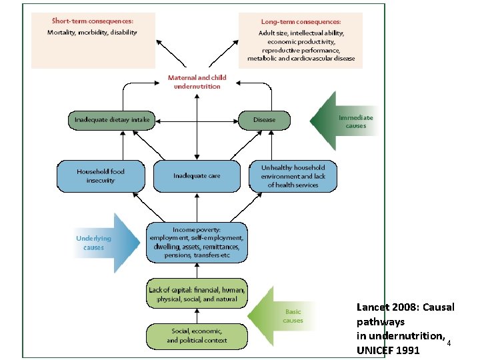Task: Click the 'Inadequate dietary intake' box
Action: tap(111, 120)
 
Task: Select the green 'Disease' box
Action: tap(265, 120)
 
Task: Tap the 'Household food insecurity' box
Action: tap(100, 176)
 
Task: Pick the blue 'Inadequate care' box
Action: tap(196, 176)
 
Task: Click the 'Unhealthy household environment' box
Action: tap(293, 176)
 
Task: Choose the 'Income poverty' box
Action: tap(197, 242)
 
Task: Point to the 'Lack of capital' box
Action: tap(197, 295)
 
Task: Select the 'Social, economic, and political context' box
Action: tap(197, 335)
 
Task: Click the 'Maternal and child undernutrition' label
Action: tap(197, 82)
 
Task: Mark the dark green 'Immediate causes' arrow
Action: tap(347, 121)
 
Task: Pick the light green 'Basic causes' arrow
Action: tap(287, 315)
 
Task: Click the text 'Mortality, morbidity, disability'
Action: tap(92, 32)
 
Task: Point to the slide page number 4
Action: tap(449, 343)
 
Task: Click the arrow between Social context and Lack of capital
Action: tap(196, 315)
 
